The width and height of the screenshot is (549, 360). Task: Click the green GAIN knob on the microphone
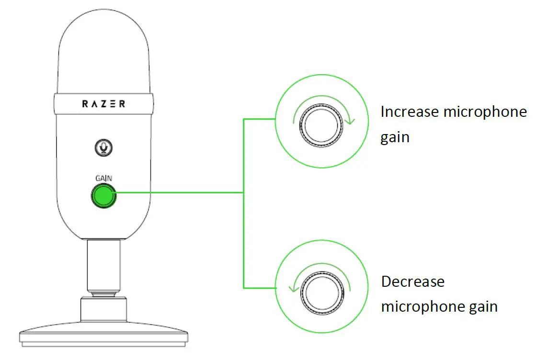[x=103, y=196]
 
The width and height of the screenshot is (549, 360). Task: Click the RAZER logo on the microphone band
[x=103, y=104]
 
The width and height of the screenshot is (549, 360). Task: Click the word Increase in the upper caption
[x=410, y=112]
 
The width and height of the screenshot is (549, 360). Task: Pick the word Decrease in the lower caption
[x=412, y=281]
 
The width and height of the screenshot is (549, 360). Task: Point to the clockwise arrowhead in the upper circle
[x=351, y=121]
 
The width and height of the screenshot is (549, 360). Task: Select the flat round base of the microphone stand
[x=103, y=333]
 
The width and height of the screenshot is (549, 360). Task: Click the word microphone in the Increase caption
[x=485, y=112]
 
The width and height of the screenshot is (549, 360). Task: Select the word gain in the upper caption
[x=395, y=138]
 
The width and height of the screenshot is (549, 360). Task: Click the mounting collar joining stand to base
[x=103, y=309]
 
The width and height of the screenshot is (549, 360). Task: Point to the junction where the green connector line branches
[x=244, y=193]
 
